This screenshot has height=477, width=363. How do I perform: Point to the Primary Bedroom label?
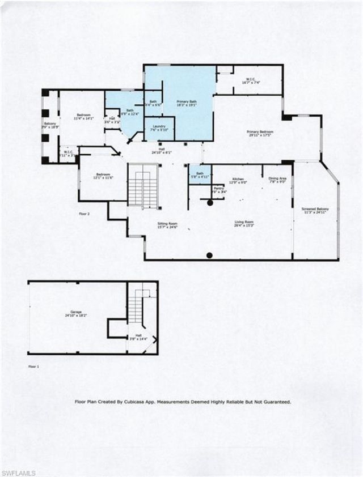(260, 133)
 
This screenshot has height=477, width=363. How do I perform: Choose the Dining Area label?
(277, 180)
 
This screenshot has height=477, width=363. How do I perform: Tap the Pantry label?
(218, 191)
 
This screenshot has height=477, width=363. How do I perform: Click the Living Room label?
(244, 223)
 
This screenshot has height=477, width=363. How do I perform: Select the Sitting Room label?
(167, 225)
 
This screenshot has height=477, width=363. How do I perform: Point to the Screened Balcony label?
(316, 211)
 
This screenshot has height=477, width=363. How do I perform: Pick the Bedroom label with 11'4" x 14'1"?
(83, 117)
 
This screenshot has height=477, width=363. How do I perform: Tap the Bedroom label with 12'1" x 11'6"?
(103, 176)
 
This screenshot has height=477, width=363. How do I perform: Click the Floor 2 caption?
(84, 214)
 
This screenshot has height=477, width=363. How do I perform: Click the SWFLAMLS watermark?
(18, 472)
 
